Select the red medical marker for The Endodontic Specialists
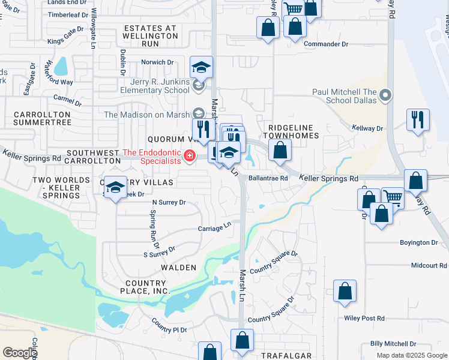click(x=190, y=157)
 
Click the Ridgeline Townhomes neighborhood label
click(x=294, y=131)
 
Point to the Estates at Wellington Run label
click(x=151, y=32)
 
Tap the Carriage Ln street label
click(x=215, y=227)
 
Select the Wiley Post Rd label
click(x=364, y=318)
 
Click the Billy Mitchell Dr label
click(x=393, y=344)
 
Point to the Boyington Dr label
click(x=418, y=242)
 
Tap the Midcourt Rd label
click(x=429, y=265)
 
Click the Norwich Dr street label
click(x=157, y=62)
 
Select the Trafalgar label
click(x=286, y=356)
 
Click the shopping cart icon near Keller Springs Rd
click(x=393, y=197)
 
